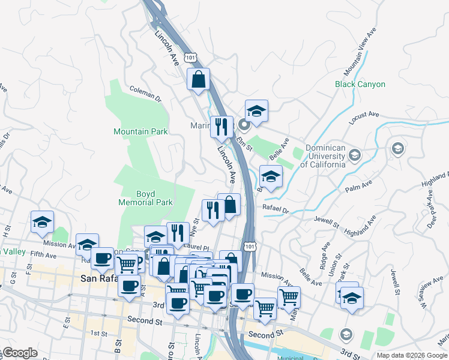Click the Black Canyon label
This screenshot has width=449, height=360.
360,85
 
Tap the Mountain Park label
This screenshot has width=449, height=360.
140,131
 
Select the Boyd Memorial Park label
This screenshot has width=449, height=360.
146,199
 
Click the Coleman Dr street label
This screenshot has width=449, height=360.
146,94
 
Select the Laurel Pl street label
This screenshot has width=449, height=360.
197,247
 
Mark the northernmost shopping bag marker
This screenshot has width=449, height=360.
198,79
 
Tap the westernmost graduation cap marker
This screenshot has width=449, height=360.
42,221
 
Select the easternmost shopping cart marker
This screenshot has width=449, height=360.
289,296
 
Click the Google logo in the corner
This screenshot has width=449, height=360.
20,353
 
